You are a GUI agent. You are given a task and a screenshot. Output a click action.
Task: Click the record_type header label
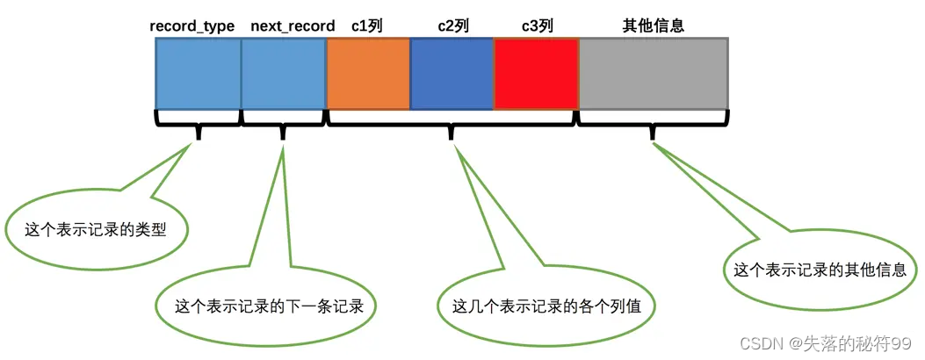(192, 26)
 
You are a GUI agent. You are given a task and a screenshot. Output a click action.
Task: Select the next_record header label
(293, 26)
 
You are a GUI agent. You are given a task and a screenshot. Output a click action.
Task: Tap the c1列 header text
(367, 26)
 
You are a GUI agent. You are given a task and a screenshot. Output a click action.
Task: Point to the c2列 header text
(453, 26)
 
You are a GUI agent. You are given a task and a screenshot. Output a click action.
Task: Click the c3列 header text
(537, 26)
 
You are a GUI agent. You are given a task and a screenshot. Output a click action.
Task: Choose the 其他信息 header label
(653, 26)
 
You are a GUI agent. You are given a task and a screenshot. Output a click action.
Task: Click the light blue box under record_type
(199, 74)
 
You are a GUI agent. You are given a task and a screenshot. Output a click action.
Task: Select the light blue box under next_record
(283, 74)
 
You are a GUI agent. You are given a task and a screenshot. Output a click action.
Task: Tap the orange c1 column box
(368, 74)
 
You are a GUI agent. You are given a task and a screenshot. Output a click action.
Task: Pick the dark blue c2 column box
(452, 74)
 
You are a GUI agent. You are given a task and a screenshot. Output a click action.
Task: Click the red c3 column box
(536, 74)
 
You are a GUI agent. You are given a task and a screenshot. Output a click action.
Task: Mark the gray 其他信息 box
(654, 74)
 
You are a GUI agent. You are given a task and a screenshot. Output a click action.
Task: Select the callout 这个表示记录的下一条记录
(264, 306)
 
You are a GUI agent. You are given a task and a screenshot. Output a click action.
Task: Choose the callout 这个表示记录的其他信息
(820, 270)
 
